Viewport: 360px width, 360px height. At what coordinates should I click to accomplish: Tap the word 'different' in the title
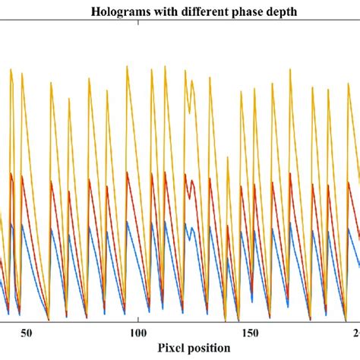(200, 12)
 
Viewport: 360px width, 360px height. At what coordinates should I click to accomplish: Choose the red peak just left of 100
(127, 172)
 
